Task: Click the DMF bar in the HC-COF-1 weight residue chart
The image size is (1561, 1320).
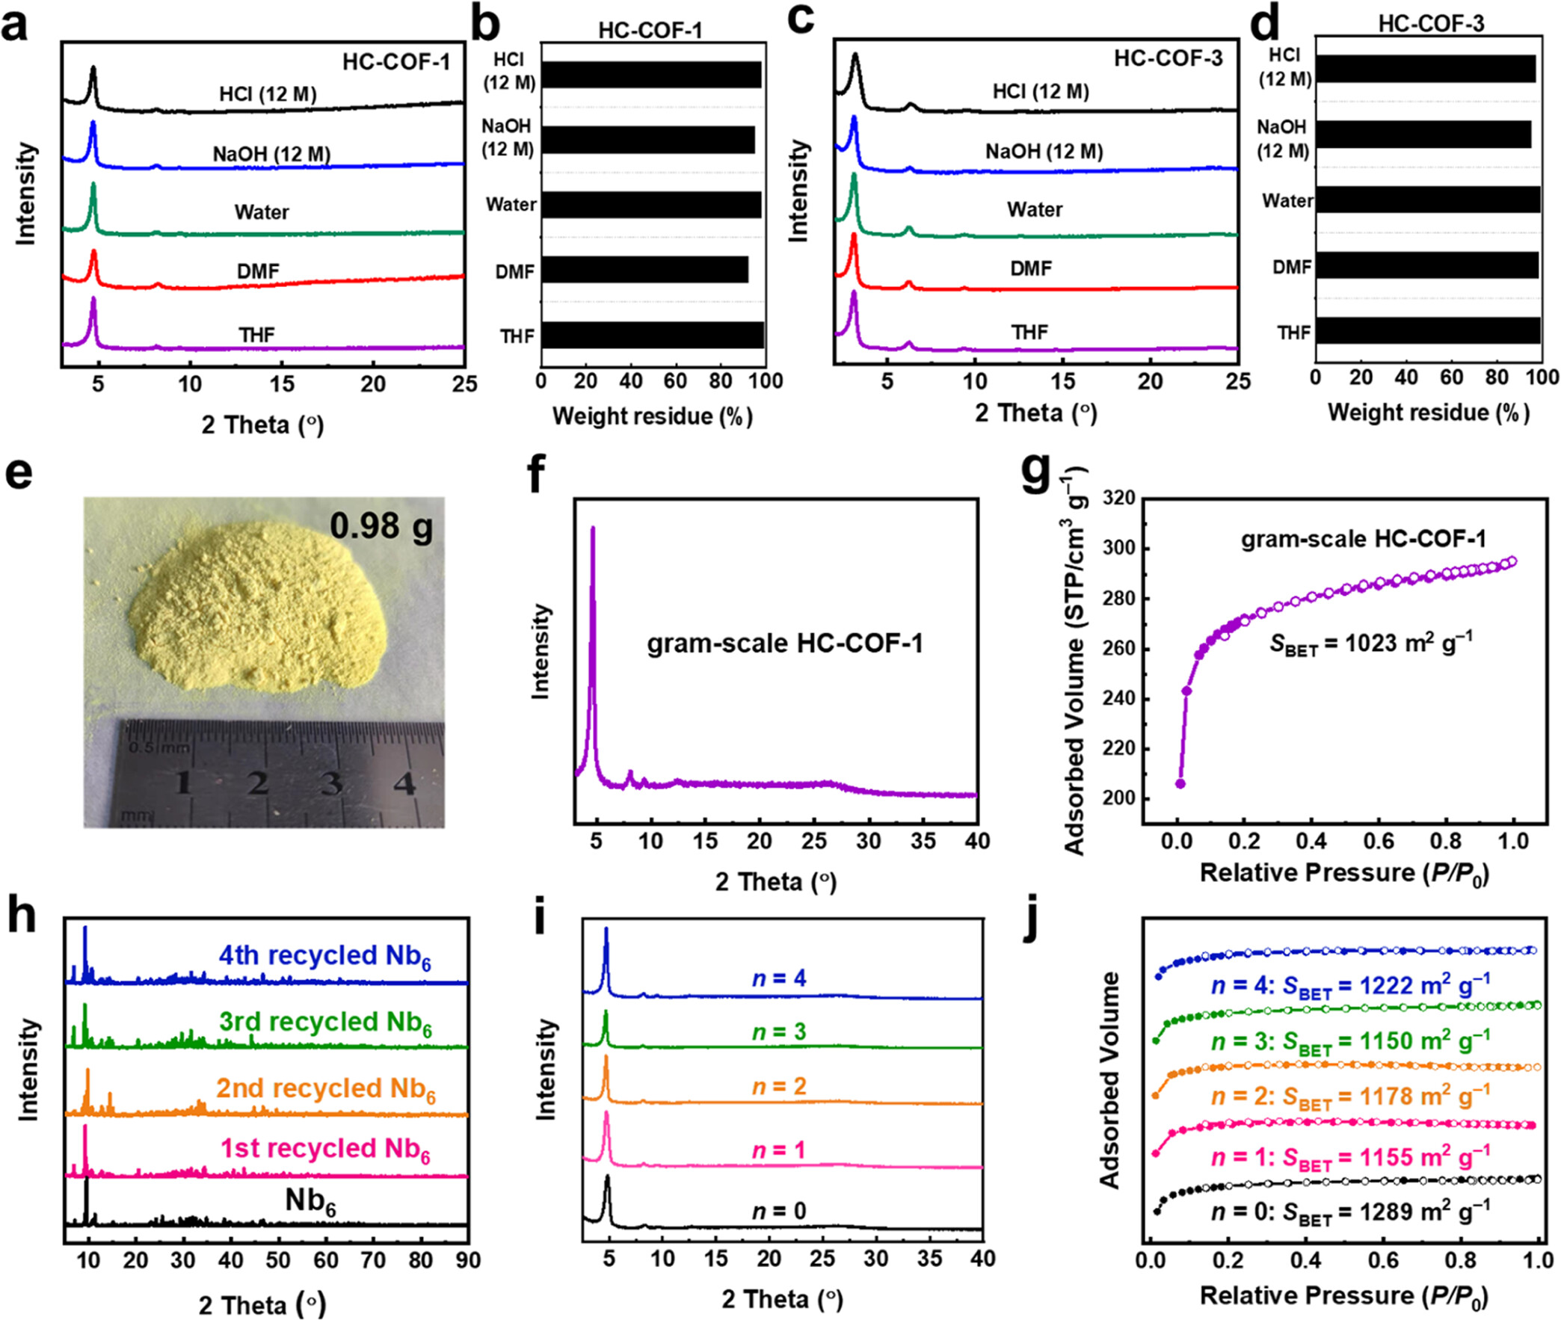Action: [644, 270]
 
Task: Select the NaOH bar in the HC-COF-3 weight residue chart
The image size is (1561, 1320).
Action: [1423, 135]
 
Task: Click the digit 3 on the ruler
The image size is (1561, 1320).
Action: [330, 783]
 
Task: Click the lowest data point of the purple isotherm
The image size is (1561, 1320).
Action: [1180, 783]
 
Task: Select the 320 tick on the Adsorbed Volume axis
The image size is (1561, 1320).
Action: [1118, 499]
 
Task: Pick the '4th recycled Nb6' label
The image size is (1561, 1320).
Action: [324, 956]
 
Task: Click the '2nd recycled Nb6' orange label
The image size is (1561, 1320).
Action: [325, 1089]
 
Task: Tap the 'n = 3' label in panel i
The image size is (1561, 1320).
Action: [779, 1032]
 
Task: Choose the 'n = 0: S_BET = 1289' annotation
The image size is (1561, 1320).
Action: [1350, 1211]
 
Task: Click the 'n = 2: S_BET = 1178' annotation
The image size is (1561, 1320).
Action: [1350, 1097]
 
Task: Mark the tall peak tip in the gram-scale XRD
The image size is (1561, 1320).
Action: [593, 528]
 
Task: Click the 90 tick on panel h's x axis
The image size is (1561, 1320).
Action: [468, 1259]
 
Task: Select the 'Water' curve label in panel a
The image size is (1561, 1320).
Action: [261, 212]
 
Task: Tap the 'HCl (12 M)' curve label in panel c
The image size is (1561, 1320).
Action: [1040, 91]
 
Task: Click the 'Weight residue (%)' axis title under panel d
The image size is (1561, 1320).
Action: [1428, 413]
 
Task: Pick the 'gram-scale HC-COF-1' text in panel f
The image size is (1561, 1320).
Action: [784, 644]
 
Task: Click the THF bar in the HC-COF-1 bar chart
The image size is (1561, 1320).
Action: [652, 336]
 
